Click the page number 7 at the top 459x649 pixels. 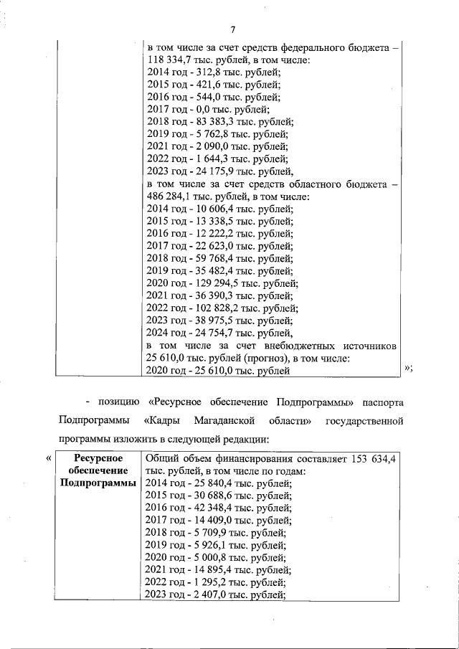click(232, 29)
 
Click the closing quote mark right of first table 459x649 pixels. click(408, 369)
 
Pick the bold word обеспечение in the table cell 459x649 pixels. click(98, 470)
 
